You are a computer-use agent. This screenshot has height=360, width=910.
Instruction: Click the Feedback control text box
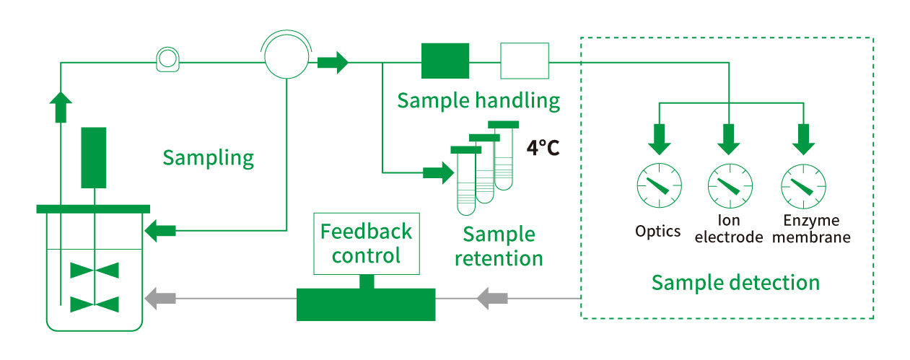click(366, 243)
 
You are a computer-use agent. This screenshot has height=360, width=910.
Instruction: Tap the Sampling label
click(208, 157)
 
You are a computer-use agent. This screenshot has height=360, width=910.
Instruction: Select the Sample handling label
click(478, 100)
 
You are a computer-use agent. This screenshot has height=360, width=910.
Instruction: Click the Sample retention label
click(499, 245)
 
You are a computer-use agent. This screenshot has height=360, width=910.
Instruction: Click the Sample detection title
click(735, 281)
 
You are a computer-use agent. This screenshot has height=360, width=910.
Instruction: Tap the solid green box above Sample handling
click(445, 61)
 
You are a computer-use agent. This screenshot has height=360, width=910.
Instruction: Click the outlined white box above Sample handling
click(525, 61)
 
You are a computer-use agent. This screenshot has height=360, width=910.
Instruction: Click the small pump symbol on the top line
click(167, 60)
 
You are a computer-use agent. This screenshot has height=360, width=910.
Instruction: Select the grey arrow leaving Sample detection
click(494, 297)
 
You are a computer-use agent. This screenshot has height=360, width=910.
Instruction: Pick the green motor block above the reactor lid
click(94, 155)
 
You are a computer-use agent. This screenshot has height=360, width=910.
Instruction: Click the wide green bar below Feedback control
click(366, 304)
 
